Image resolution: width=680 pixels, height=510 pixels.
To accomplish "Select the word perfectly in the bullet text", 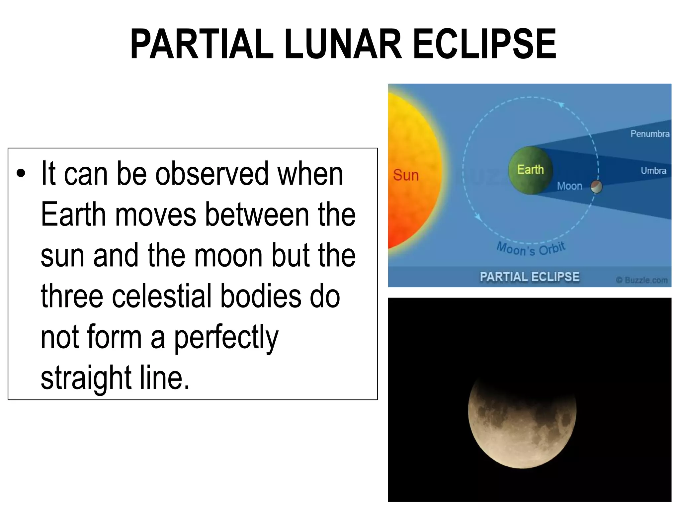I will coord(226,338).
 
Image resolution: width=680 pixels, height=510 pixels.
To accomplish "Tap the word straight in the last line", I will coord(86,378).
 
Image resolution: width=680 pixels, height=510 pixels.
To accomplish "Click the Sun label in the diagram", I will coord(406,175).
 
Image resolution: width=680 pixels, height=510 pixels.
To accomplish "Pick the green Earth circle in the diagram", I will coord(530,170).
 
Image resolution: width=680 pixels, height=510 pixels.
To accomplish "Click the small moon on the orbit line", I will coord(596,187).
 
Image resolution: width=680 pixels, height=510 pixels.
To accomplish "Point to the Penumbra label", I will coord(650,134).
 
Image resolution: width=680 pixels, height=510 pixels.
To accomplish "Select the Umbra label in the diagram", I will coord(653,171).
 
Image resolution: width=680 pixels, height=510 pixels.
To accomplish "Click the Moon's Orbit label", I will coord(531,249).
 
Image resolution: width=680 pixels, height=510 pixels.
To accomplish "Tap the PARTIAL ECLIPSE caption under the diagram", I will coord(529,277).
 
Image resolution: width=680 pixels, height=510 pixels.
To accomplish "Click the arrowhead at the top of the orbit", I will coord(561,105).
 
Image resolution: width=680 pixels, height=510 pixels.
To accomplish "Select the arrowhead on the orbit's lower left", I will coord(478,217).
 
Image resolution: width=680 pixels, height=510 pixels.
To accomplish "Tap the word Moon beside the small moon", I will coord(569,186).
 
